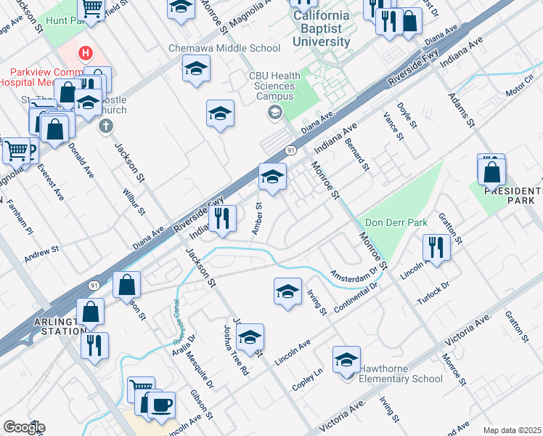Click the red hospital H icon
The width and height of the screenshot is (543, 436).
(86, 53)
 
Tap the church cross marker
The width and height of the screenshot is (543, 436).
(105, 126)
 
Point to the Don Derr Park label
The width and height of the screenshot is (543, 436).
(396, 222)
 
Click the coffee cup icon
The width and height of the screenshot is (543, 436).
(161, 403)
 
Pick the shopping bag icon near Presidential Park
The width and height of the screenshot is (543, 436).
(491, 171)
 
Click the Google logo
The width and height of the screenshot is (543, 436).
(23, 427)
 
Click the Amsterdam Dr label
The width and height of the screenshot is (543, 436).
(354, 275)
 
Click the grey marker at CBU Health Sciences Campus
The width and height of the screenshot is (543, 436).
(274, 112)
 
